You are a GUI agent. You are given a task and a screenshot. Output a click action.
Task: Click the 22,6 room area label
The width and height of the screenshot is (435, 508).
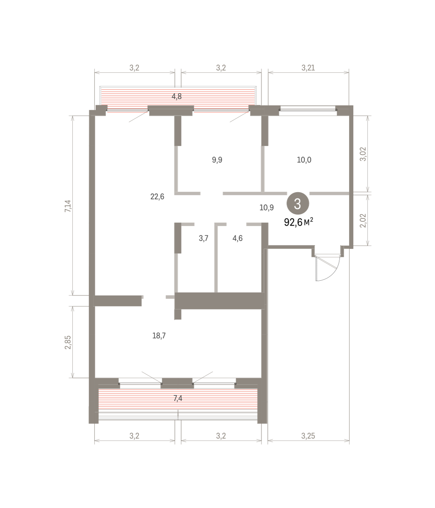tap(157, 196)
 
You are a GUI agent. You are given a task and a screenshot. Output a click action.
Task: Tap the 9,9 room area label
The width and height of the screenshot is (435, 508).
tap(217, 160)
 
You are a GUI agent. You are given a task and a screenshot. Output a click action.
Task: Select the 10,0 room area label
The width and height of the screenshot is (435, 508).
tap(304, 160)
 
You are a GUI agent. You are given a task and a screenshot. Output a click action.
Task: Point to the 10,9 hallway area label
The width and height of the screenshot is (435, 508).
tap(267, 208)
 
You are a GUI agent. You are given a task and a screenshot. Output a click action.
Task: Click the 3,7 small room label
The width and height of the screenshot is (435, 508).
tap(204, 238)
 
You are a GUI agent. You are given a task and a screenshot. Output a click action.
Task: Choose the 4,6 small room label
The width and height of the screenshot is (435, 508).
tap(237, 238)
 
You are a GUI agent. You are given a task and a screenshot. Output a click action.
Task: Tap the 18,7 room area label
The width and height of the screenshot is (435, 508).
tap(159, 336)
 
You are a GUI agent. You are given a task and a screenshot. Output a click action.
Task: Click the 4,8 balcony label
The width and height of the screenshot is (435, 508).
tap(176, 97)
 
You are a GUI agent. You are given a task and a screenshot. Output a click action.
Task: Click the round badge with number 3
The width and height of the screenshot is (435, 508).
tap(298, 204)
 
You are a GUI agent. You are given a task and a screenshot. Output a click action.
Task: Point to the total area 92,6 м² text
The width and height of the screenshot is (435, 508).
tap(298, 222)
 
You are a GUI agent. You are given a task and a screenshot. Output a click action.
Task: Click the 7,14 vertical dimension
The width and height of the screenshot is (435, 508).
tap(68, 206)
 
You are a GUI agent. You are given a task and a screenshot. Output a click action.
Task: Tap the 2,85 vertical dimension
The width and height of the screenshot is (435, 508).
tap(68, 342)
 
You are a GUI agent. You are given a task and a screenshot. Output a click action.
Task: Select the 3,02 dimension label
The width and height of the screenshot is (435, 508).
tap(363, 154)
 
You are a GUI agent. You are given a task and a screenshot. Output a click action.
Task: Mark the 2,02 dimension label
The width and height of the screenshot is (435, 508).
tap(363, 221)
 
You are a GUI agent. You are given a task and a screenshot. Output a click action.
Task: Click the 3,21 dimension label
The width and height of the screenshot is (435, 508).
tap(308, 68)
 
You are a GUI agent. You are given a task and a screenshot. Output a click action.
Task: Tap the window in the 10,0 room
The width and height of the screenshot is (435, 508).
tap(308, 110)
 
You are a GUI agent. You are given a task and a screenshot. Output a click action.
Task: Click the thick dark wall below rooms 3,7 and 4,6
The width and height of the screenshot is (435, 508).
tap(219, 301)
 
